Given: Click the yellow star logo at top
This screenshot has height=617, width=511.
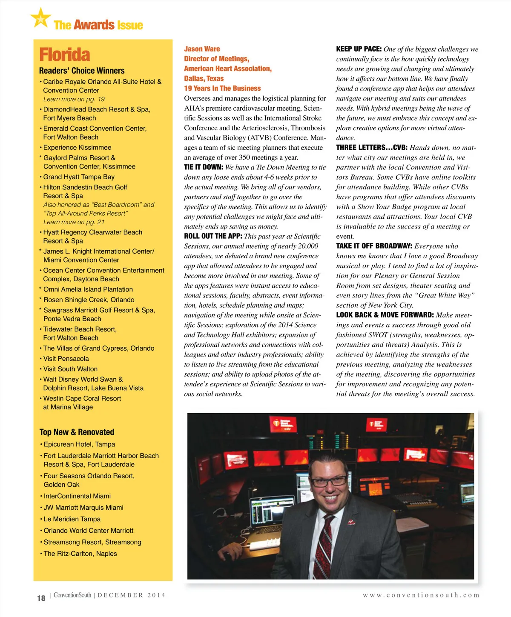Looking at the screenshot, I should pyautogui.click(x=40, y=18).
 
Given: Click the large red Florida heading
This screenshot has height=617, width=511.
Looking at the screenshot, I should pyautogui.click(x=64, y=55).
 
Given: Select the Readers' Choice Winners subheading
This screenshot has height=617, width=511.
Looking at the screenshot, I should pyautogui.click(x=82, y=71).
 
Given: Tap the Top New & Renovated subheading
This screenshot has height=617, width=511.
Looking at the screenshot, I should pyautogui.click(x=77, y=432).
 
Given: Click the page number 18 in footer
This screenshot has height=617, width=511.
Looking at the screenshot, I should pyautogui.click(x=41, y=598).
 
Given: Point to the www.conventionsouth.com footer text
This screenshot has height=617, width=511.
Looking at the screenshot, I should pyautogui.click(x=421, y=595).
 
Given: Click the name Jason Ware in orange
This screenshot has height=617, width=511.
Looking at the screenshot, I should pyautogui.click(x=202, y=49).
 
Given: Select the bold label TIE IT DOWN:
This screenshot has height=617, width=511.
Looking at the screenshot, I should pyautogui.click(x=204, y=167).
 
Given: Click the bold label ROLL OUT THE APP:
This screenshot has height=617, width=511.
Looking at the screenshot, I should pyautogui.click(x=213, y=236).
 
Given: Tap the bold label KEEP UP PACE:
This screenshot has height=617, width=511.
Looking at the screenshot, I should pyautogui.click(x=359, y=49).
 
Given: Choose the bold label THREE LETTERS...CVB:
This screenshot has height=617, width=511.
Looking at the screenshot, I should pyautogui.click(x=372, y=148).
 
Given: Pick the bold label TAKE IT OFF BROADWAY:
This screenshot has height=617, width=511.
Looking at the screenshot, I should pyautogui.click(x=374, y=246).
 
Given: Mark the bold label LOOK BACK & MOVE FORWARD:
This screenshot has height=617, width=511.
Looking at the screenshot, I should pyautogui.click(x=385, y=315).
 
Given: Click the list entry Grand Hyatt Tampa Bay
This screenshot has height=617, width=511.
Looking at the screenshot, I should pyautogui.click(x=79, y=177).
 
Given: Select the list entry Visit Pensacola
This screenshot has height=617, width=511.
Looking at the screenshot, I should pyautogui.click(x=66, y=359).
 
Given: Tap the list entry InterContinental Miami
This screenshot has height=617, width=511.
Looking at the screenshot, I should pyautogui.click(x=77, y=496).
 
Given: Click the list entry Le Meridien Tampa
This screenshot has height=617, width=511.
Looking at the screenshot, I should pyautogui.click(x=72, y=519).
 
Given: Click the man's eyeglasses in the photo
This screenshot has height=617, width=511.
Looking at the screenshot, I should pyautogui.click(x=329, y=481).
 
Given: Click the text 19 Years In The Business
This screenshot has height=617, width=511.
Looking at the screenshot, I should pyautogui.click(x=222, y=89).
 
